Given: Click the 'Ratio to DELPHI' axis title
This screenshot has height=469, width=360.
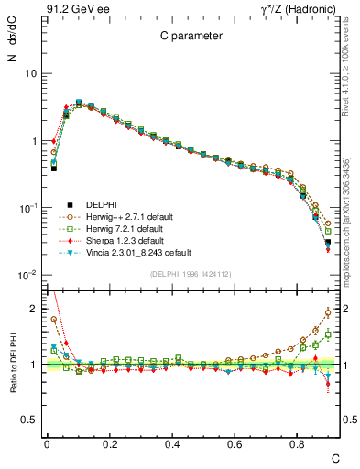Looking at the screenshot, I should click(x=13, y=366).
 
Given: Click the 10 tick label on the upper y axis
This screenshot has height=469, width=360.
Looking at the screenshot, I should click(x=30, y=73).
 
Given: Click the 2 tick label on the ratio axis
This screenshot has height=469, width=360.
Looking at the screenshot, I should click(x=33, y=309).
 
